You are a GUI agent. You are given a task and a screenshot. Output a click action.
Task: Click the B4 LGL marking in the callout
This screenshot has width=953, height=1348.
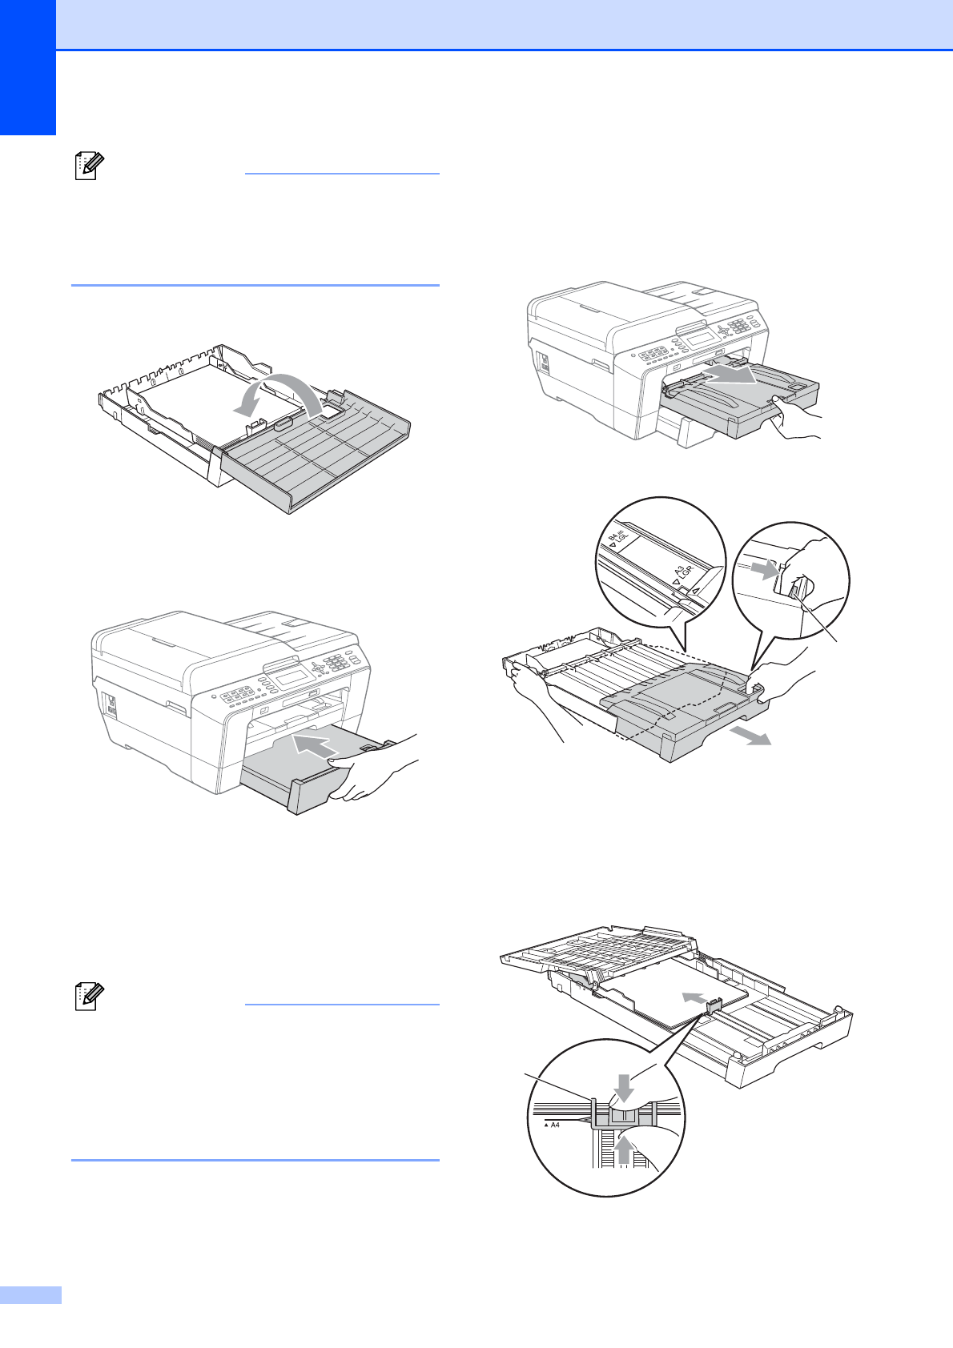617,540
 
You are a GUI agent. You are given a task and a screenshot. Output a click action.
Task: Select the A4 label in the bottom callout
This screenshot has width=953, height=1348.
555,1125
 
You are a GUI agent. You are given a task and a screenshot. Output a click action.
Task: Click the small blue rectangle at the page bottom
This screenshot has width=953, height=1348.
30,1295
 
